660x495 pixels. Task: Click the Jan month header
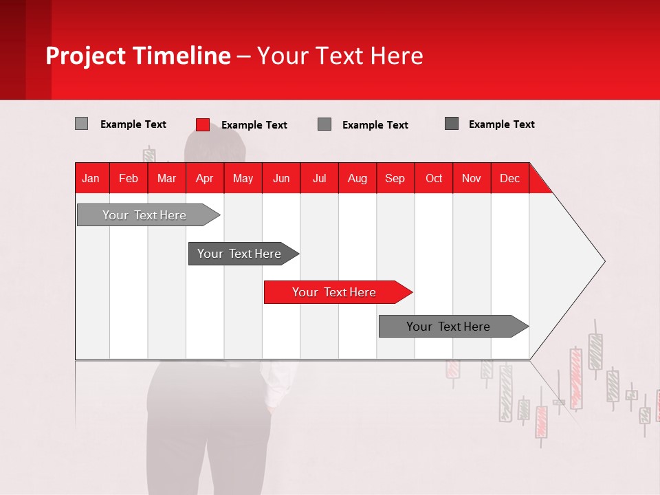[x=91, y=178]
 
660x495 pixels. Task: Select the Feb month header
[x=129, y=178]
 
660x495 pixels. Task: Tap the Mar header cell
[x=166, y=178]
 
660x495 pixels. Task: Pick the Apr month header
[x=204, y=178]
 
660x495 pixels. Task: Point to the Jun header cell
[x=281, y=178]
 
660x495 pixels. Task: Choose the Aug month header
[x=357, y=178]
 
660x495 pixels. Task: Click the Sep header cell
[x=395, y=178]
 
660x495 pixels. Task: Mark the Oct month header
[x=434, y=178]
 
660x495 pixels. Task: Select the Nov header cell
[x=472, y=178]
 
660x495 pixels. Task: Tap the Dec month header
[x=509, y=178]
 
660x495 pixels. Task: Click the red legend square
[x=203, y=124]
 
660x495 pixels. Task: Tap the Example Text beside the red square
[x=254, y=125]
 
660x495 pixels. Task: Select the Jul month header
[x=319, y=178]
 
